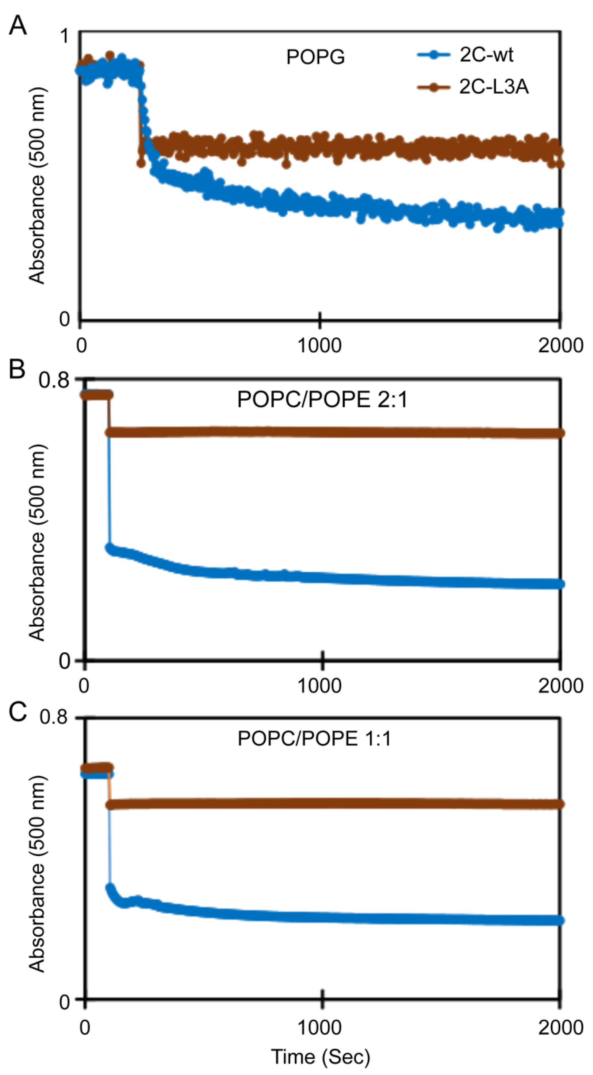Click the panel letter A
click(18, 26)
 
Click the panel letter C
click(18, 712)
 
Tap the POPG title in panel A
click(316, 57)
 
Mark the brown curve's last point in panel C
click(560, 804)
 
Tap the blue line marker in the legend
click(434, 55)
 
